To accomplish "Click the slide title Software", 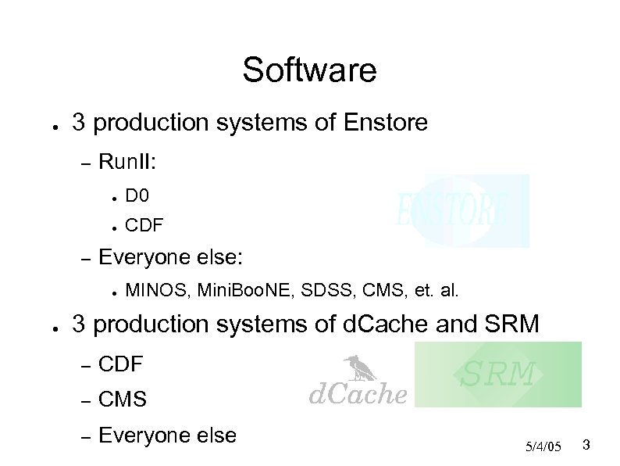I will pos(309,70).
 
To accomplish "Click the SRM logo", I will pos(497,375).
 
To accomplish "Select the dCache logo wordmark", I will pos(358,394).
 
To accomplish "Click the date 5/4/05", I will pos(543,446).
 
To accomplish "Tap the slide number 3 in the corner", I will pos(586,446).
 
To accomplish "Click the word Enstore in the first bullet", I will pos(385,123).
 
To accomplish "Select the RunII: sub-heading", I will pos(129,163).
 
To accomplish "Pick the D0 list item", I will pos(136,194).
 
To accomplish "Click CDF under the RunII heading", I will pos(144,226).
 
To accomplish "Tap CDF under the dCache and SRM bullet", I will pos(122,364).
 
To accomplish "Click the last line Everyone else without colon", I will pos(167,436).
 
